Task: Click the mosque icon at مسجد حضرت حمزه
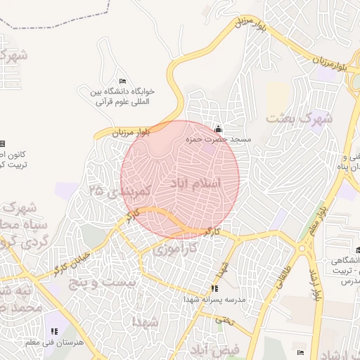(x=218, y=129)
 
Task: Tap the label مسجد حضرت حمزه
(x=218, y=140)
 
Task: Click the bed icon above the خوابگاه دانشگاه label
(x=123, y=82)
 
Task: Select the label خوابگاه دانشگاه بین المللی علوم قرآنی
(x=123, y=96)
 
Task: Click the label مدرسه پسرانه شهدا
(x=214, y=299)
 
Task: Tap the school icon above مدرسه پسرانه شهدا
(x=214, y=288)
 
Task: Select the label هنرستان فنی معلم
(x=54, y=342)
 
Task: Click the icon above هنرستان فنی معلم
(x=54, y=331)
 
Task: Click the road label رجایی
(x=225, y=320)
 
